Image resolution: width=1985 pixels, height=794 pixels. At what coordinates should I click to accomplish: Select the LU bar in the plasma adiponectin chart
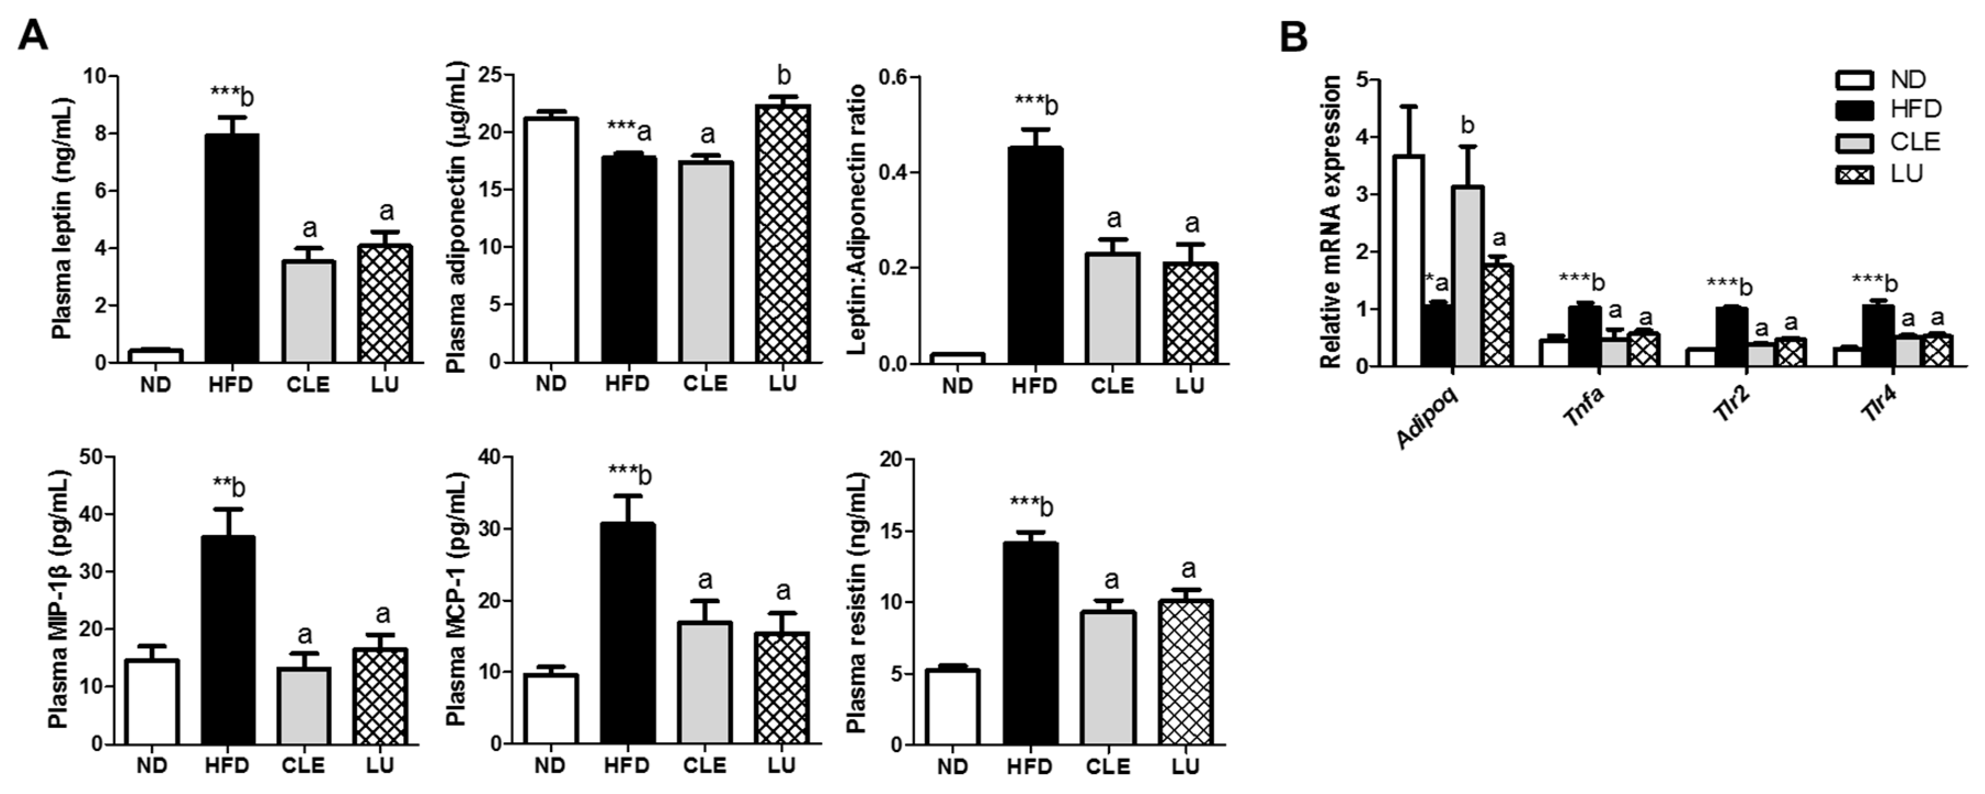point(783,234)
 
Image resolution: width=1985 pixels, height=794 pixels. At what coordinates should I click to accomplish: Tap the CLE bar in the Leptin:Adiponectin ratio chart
point(1112,308)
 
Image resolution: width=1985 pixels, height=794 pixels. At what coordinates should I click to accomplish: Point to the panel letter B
point(1293,37)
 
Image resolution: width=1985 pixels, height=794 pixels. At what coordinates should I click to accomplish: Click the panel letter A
point(33,35)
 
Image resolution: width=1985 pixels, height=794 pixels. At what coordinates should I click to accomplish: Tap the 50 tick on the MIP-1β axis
point(90,457)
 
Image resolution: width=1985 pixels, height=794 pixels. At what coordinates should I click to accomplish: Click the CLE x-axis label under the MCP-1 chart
point(704,765)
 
